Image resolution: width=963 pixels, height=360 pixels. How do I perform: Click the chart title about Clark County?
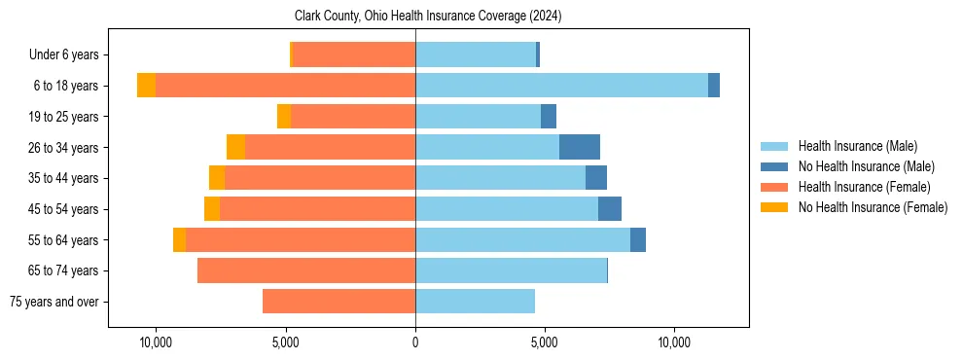pos(428,17)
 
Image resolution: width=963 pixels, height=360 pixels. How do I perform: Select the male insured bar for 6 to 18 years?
pos(561,86)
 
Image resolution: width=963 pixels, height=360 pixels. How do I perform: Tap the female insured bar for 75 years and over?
pos(339,302)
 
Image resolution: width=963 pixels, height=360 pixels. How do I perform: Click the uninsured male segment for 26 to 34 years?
pos(580,147)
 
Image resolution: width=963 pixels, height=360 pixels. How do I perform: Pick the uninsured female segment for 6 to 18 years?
pos(146,86)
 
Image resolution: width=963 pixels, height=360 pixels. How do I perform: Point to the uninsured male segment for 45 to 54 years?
pos(610,209)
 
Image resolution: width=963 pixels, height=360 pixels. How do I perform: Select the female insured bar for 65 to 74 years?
pos(306,270)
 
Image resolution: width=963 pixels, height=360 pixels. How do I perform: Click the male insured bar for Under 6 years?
pos(476,54)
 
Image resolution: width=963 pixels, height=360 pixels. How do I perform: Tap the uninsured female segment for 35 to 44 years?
pos(217,178)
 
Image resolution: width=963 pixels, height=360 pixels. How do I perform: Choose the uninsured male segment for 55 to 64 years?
pos(638,239)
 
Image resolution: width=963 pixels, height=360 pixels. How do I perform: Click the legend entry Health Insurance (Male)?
pos(857,146)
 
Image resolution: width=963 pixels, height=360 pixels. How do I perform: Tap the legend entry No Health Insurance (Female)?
pos(873,207)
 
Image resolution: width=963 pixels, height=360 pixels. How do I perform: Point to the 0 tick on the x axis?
pos(415,343)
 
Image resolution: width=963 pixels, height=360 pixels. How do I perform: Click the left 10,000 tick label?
pos(156,343)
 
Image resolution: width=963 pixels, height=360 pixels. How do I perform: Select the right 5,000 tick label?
pos(545,343)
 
